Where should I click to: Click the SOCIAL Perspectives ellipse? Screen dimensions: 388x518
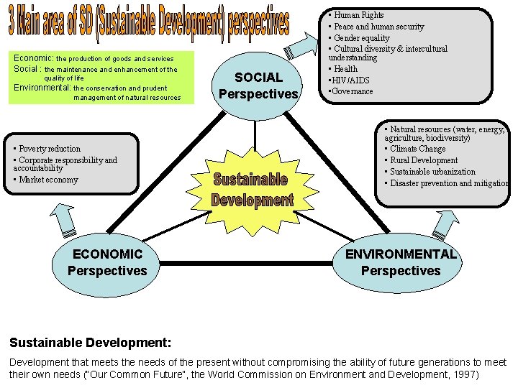pos(258,86)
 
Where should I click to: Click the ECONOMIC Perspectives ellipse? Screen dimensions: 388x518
pos(107,262)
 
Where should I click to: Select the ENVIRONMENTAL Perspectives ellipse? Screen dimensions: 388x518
pos(401,262)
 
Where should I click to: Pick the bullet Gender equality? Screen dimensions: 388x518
pos(361,38)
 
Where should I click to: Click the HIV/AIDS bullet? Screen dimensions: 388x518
pos(350,80)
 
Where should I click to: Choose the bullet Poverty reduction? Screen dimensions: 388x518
pos(49,149)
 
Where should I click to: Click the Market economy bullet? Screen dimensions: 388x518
pos(47,180)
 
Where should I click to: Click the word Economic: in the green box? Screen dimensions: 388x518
pos(34,57)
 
